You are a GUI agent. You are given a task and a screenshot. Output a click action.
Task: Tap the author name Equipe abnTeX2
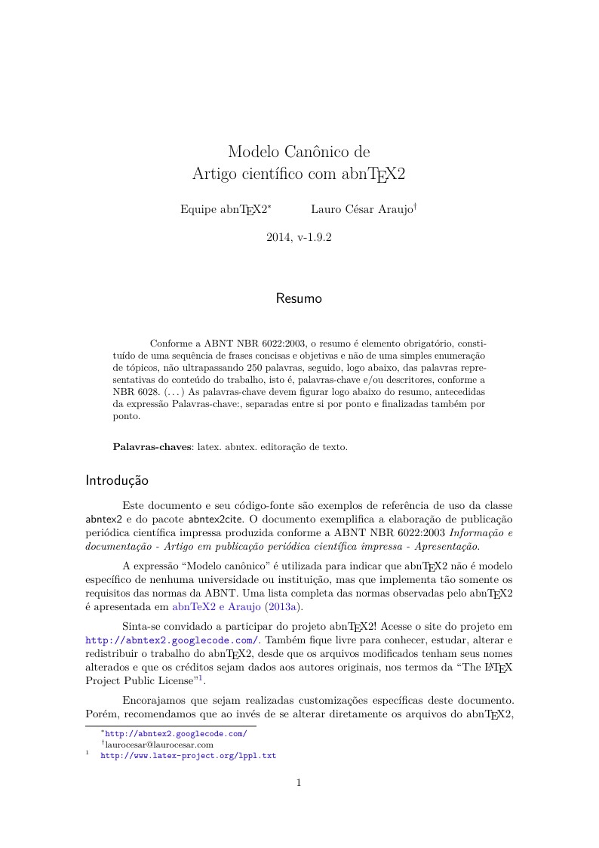[x=224, y=209]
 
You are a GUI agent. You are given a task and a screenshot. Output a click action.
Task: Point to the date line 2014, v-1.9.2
[x=299, y=237]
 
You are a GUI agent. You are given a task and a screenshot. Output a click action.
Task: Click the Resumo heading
[x=299, y=298]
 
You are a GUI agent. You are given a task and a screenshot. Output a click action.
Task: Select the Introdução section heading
[x=117, y=480]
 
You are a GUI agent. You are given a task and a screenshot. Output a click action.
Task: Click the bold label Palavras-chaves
[x=152, y=447]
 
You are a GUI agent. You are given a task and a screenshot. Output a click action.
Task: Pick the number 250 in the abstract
[x=253, y=367]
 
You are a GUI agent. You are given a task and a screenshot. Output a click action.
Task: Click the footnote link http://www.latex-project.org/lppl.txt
[x=189, y=755]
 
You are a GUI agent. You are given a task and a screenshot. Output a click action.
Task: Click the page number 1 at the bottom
[x=299, y=783]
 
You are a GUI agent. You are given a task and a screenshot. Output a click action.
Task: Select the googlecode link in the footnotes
[x=175, y=733]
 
